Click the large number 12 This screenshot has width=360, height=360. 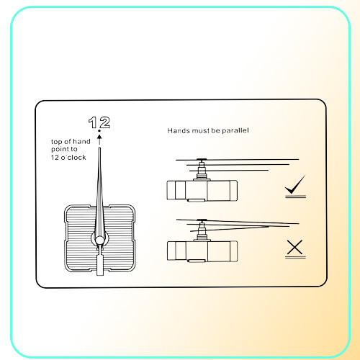pyautogui.click(x=99, y=122)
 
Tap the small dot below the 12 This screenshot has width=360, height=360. pyautogui.click(x=99, y=131)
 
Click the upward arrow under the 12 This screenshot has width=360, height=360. pyautogui.click(x=99, y=140)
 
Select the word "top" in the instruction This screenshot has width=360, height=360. pyautogui.click(x=57, y=142)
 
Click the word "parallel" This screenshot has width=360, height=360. pyautogui.click(x=235, y=130)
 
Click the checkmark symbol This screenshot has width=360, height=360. pyautogui.click(x=295, y=184)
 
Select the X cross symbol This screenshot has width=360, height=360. pyautogui.click(x=294, y=247)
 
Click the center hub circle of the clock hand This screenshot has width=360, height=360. pyautogui.click(x=99, y=240)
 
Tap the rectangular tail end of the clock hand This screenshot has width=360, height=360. pyautogui.click(x=100, y=265)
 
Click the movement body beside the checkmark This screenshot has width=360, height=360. pyautogui.click(x=202, y=191)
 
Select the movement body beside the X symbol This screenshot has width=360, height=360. pyautogui.click(x=202, y=251)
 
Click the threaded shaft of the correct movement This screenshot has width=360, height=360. pyautogui.click(x=202, y=171)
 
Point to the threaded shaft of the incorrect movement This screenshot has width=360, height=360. pyautogui.click(x=202, y=231)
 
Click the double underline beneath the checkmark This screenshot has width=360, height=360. pyautogui.click(x=295, y=197)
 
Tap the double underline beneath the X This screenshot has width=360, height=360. pyautogui.click(x=295, y=257)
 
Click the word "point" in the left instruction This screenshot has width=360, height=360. pyautogui.click(x=60, y=150)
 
